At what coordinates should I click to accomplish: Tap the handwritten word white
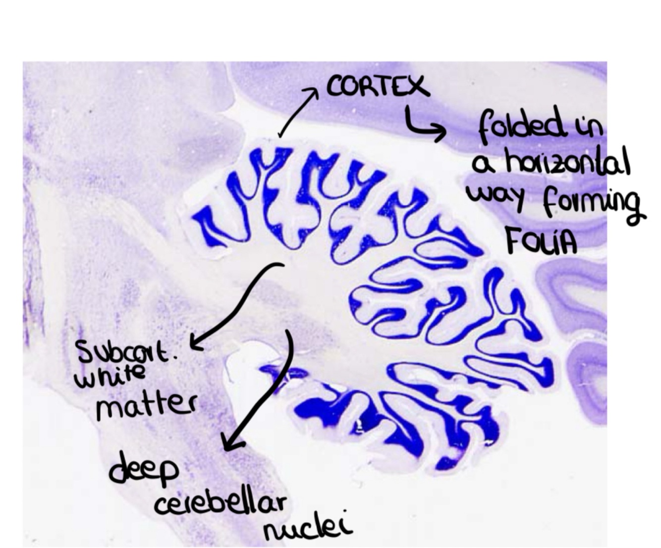(110, 377)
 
